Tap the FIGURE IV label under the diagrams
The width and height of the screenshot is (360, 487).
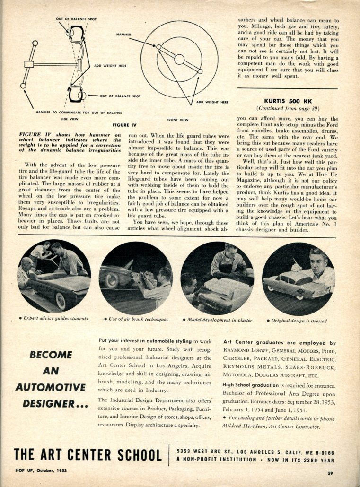[x=124, y=125]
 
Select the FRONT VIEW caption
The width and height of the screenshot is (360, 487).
[x=178, y=120]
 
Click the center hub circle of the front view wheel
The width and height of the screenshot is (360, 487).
[x=179, y=59]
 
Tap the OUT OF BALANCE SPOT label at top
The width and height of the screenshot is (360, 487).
[x=76, y=19]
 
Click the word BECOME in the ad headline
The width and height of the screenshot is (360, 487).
[x=51, y=355]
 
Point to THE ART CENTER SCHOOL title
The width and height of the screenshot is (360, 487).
[x=88, y=455]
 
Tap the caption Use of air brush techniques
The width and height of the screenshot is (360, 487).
[x=136, y=319]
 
